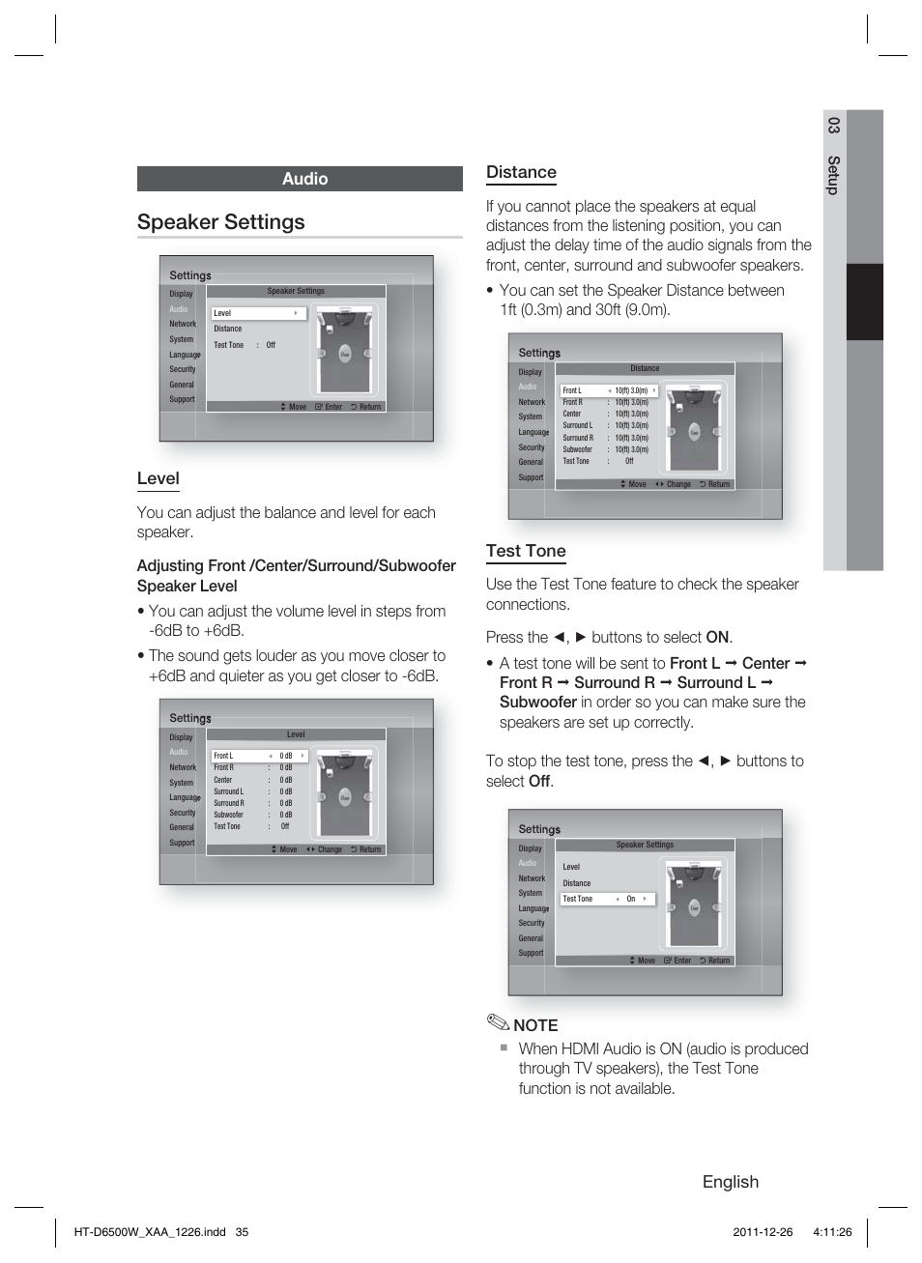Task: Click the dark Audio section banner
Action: (x=300, y=179)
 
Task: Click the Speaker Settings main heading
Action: (x=221, y=222)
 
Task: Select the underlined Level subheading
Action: (x=158, y=478)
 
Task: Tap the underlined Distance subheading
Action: (x=521, y=172)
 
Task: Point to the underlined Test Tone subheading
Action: (x=526, y=551)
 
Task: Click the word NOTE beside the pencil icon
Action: (x=535, y=1025)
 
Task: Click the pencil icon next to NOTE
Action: (x=497, y=1022)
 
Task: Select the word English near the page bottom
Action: (x=730, y=1182)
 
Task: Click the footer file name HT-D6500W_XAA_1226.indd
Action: (x=150, y=1232)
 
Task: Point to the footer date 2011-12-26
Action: (x=763, y=1232)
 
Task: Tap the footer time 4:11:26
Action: (x=832, y=1232)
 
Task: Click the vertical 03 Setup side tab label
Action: (x=833, y=156)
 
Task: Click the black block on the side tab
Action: (x=864, y=301)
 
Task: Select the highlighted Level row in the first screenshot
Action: (x=258, y=313)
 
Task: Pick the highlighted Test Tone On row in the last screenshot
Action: (x=607, y=899)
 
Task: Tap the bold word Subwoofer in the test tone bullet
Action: (x=537, y=703)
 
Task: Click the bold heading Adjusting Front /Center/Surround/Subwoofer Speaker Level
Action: (x=296, y=576)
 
